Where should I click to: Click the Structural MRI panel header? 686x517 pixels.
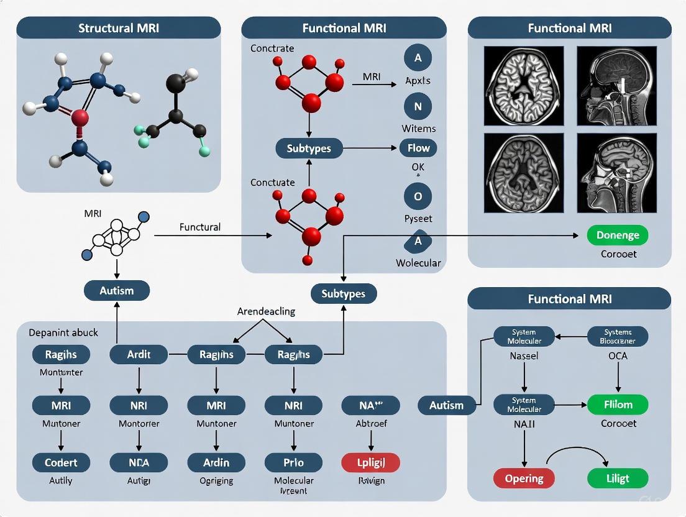pos(118,28)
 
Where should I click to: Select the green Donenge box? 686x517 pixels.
pos(617,236)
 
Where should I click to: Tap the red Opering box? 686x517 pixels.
pos(524,478)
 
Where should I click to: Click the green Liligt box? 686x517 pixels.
pos(617,478)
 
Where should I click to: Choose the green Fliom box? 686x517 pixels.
pos(617,405)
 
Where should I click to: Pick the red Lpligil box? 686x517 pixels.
pos(371,462)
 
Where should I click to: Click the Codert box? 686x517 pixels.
pos(61,462)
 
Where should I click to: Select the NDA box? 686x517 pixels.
pos(138,462)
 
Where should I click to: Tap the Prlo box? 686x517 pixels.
pos(293,462)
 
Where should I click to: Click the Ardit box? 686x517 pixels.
pos(138,355)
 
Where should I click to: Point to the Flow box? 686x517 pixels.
pos(418,148)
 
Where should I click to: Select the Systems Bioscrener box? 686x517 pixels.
pos(617,336)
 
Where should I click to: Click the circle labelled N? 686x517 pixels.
pos(418,106)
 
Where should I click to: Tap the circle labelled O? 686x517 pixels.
pos(418,196)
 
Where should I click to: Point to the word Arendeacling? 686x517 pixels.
pos(266,311)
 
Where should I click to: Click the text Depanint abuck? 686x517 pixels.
pos(63,332)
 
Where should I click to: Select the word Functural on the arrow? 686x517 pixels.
pos(199,227)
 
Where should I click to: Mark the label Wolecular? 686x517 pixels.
pos(418,263)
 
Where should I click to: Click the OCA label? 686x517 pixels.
pos(618,356)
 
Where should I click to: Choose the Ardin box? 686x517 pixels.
pos(216,462)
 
